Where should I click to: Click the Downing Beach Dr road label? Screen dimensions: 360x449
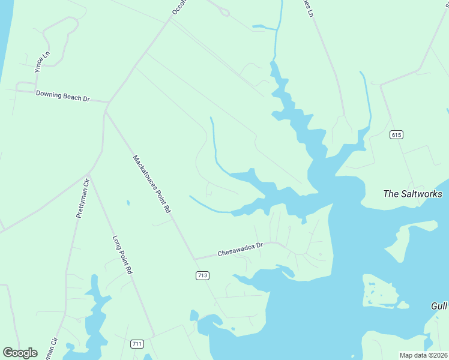click(62, 95)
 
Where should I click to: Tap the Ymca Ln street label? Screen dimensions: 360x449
click(41, 61)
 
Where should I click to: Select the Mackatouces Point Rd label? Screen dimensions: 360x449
click(152, 184)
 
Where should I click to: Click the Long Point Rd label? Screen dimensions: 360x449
click(122, 254)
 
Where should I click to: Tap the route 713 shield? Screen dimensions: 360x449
click(202, 275)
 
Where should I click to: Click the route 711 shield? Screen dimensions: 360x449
click(137, 344)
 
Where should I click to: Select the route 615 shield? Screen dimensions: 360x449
click(395, 134)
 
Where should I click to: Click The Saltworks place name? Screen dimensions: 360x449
click(412, 194)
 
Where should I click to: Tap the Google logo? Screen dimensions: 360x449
click(20, 352)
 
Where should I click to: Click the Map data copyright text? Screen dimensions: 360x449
click(423, 355)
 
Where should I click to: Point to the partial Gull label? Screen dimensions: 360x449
click(439, 306)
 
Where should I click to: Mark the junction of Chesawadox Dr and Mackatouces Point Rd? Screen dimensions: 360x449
click(194, 259)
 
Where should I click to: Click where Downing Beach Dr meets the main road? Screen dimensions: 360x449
click(107, 103)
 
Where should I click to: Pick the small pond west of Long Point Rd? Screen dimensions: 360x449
click(128, 203)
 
